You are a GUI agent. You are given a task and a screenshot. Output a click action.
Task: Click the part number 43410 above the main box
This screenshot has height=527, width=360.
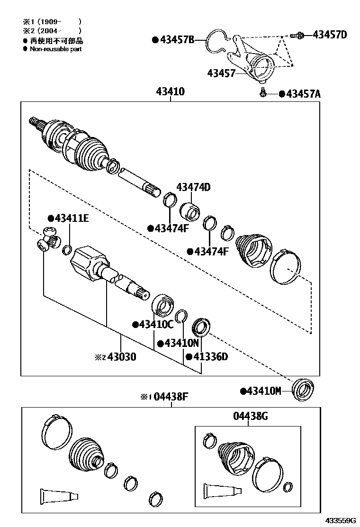(x=170, y=91)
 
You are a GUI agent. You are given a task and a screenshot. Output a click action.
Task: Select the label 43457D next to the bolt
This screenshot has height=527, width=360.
(x=329, y=35)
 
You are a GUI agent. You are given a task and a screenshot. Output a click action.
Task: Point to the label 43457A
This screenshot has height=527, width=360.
(x=303, y=94)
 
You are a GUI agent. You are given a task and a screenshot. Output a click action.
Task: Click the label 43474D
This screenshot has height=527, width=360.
(x=193, y=187)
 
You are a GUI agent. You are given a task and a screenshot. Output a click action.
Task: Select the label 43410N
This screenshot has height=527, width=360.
(x=181, y=343)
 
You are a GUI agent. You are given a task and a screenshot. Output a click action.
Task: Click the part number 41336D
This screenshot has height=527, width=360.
(x=209, y=356)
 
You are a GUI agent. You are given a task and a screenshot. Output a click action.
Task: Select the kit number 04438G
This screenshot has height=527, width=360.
(x=251, y=416)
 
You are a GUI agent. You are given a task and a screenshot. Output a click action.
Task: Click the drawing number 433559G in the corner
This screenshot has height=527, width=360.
(x=340, y=520)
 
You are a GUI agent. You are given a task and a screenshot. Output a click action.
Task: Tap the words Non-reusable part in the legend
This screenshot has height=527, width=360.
(x=55, y=49)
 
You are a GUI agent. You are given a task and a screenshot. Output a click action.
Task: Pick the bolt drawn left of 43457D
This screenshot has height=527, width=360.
(x=297, y=35)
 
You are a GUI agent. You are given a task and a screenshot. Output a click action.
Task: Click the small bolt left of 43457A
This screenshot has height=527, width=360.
(x=261, y=92)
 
